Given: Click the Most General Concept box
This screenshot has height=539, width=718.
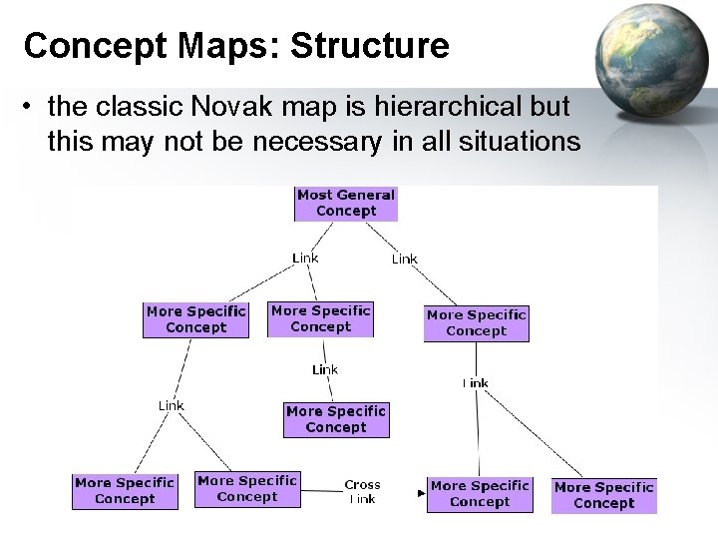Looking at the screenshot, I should coord(346,204).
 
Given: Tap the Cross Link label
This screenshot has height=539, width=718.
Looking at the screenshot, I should coord(362,491).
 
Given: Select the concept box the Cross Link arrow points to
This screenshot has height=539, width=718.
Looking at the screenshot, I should coord(479,494).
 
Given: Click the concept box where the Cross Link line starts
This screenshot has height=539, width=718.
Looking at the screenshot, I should coord(246,489).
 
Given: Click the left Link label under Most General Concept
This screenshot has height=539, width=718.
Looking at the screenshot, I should coord(305,258).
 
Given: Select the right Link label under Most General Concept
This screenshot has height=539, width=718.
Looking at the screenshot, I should coord(404,259).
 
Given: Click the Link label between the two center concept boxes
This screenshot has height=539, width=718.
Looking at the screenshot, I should coord(325,369).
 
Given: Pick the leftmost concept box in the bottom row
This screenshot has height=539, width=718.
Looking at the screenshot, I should coord(125,491).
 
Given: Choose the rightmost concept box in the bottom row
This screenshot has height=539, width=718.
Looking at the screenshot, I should coord(603,495).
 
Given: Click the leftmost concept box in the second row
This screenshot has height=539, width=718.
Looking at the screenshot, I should coord(195,319).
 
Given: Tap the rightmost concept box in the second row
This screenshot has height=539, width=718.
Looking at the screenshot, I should coord(476,323).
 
